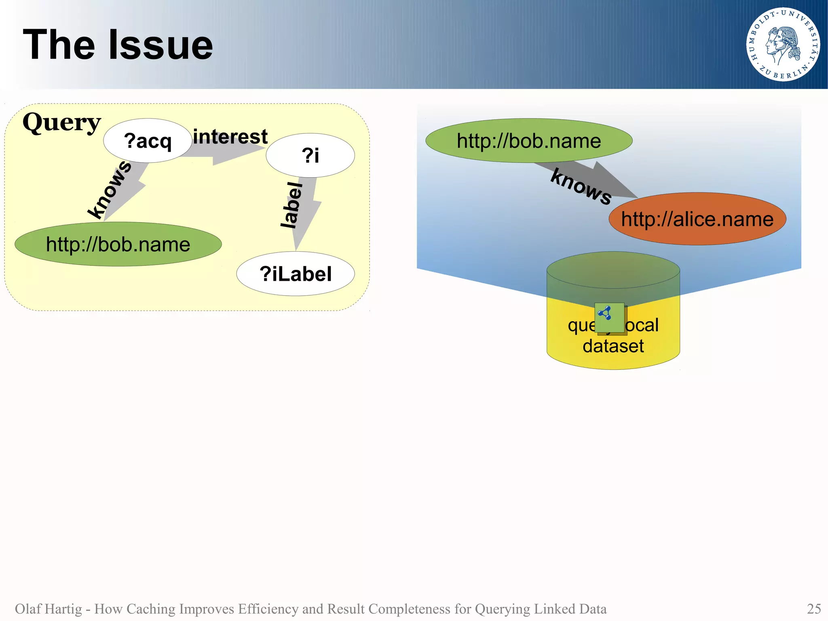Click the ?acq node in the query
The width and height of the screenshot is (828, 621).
[148, 141]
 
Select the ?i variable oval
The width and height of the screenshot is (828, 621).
[310, 155]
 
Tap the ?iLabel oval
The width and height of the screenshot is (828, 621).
[296, 274]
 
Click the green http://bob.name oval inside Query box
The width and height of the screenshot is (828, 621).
[118, 244]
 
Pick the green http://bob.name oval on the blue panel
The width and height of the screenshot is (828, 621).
[529, 141]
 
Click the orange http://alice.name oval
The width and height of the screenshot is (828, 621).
[697, 219]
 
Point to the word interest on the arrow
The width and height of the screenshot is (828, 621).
[230, 137]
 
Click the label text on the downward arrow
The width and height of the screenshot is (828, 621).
[292, 205]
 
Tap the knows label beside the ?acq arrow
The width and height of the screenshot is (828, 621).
[110, 189]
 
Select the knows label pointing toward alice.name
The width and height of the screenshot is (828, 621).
[581, 187]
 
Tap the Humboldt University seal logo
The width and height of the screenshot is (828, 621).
[783, 45]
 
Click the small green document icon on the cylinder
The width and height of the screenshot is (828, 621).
[609, 318]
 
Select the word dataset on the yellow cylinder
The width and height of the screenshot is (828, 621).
[613, 346]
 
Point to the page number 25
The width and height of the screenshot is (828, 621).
[813, 608]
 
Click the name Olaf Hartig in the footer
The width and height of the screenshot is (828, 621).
[48, 608]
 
